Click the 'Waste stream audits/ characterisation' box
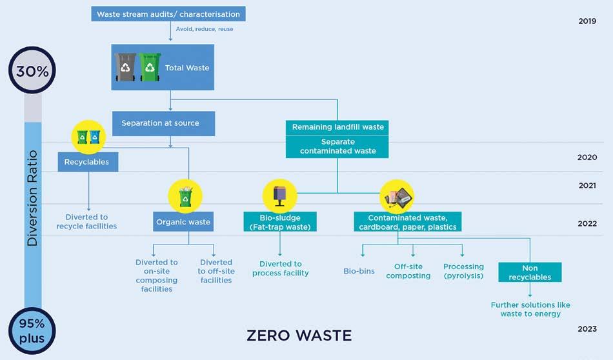point(168,14)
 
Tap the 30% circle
point(33,72)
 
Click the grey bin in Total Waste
point(126,67)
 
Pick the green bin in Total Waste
point(150,67)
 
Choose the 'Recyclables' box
point(88,161)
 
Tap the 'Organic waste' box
point(183,222)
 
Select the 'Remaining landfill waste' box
point(337,127)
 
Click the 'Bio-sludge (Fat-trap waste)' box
point(281,222)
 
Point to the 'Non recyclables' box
point(529,272)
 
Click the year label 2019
point(587,21)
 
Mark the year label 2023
point(587,329)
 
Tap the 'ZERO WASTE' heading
point(299,335)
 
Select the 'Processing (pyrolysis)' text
point(463,271)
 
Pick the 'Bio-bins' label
point(359,272)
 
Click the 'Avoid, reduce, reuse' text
point(205,29)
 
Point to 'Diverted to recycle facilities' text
point(86,222)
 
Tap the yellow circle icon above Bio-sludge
point(280,195)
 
